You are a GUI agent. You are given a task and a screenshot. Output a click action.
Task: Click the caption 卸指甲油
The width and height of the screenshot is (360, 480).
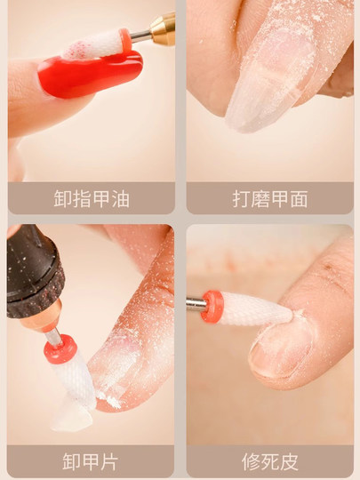tap(91, 198)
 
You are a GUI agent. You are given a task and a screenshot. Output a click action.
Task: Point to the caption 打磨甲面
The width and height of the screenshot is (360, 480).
tap(270, 198)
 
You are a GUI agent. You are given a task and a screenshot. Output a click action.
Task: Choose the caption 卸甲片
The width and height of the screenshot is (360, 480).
tap(91, 461)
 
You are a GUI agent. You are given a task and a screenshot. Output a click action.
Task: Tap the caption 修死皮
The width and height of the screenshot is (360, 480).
tap(270, 461)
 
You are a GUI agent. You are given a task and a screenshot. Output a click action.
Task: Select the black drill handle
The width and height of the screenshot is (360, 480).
tap(34, 267)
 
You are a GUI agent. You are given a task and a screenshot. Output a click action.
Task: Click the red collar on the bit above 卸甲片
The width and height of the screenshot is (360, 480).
tap(60, 349)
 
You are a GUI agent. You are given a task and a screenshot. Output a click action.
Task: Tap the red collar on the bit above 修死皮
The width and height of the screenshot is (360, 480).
tap(212, 306)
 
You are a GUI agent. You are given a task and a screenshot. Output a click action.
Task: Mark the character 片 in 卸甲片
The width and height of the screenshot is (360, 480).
tap(110, 461)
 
